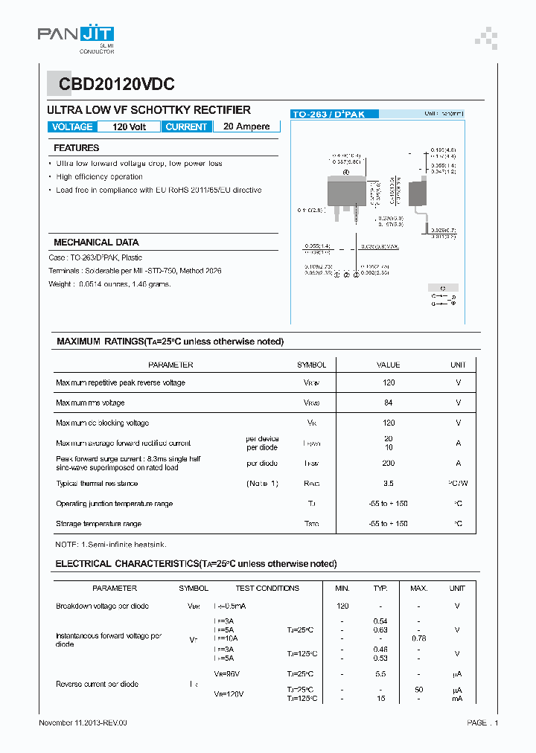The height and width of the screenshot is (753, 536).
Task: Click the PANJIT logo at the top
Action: [x=76, y=34]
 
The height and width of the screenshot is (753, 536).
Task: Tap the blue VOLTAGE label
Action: [x=72, y=126]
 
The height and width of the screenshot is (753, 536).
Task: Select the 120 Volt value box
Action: [x=129, y=126]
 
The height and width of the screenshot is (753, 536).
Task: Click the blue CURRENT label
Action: [x=186, y=126]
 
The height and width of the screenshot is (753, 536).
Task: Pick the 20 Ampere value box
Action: [x=246, y=126]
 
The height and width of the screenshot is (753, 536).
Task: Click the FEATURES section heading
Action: [x=76, y=148]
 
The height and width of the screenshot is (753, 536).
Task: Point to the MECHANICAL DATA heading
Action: [x=96, y=243]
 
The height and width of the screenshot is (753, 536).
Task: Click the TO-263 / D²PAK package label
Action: [x=334, y=115]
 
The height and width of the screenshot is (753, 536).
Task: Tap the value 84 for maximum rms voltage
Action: [x=389, y=403]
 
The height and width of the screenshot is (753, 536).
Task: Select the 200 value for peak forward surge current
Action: [x=389, y=463]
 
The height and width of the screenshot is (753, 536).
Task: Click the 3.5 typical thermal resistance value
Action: [x=389, y=484]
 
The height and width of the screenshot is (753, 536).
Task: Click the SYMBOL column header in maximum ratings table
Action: [x=311, y=365]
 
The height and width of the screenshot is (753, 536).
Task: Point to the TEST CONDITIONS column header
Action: [x=267, y=588]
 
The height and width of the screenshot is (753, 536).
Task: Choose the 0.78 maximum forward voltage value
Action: [x=418, y=638]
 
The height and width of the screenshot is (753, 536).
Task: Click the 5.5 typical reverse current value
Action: [x=380, y=673]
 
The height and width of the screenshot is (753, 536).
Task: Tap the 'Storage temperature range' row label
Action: [x=98, y=524]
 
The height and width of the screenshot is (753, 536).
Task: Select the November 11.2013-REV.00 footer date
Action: [x=83, y=722]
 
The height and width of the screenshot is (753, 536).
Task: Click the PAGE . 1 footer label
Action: [x=482, y=722]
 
